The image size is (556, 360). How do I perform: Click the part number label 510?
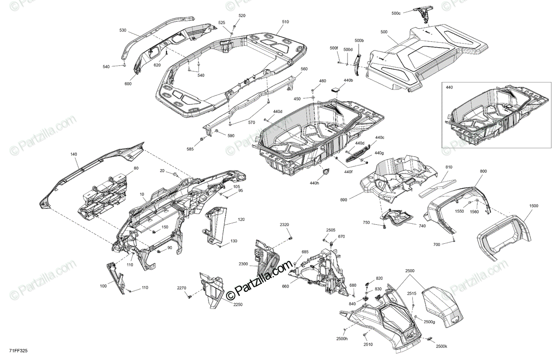pos(285,22)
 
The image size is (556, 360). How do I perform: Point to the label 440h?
pos(315,183)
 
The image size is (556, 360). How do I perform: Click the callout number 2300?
pos(244,264)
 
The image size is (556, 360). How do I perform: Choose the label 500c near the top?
pos(396,13)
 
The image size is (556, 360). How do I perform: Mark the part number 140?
pos(74,154)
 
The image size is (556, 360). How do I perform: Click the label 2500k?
pos(442,346)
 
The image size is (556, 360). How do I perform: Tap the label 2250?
pos(238,304)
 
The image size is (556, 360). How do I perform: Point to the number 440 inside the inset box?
pos(449,87)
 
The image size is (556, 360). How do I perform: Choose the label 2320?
pos(284,225)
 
